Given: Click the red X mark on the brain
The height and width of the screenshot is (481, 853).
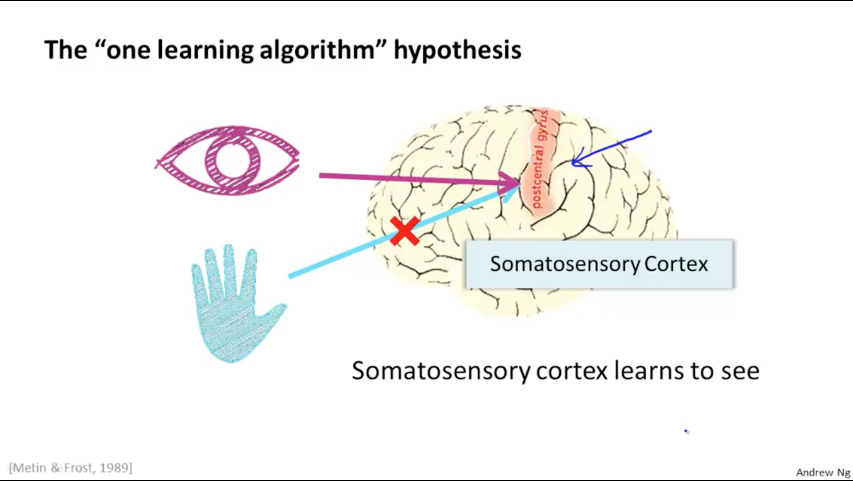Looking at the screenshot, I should click(404, 231).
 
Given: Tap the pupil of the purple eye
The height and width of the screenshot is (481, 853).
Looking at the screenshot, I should click(232, 160).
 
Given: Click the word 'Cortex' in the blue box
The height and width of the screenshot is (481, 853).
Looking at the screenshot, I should click(676, 264).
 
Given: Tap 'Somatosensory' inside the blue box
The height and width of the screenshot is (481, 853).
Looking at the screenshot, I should click(564, 264).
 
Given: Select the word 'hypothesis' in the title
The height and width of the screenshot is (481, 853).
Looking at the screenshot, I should click(457, 50).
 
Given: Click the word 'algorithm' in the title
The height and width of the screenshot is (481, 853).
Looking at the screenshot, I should click(316, 50).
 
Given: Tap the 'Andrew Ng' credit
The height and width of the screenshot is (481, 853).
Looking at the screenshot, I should click(823, 472).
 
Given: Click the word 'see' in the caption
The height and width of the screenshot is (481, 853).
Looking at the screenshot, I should click(740, 371).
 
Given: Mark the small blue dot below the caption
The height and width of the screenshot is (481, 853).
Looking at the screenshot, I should click(686, 431).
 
